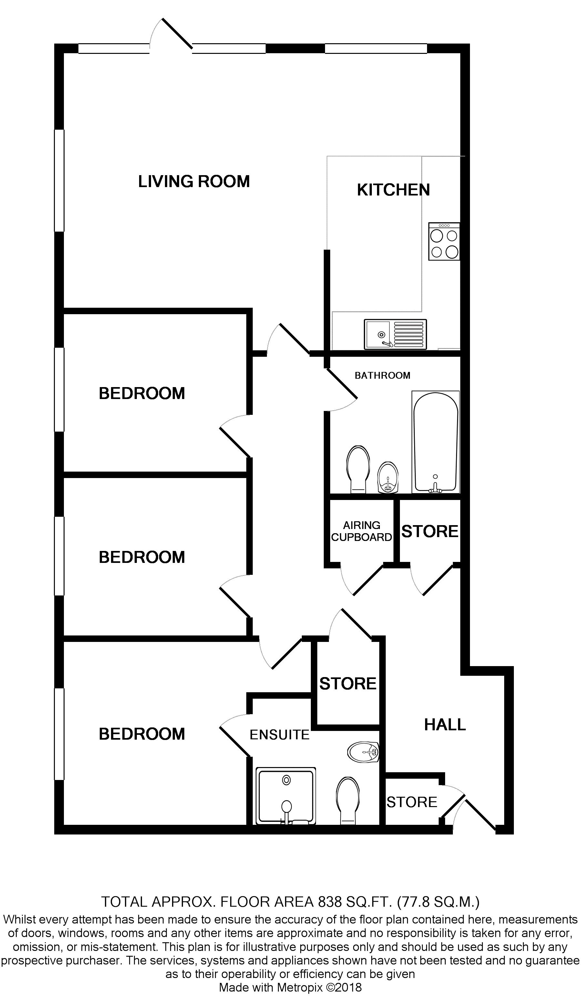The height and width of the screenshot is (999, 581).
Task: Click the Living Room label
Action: (x=194, y=182)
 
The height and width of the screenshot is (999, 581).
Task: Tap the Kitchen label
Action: (x=393, y=190)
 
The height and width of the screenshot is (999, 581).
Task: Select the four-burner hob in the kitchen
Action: (x=444, y=241)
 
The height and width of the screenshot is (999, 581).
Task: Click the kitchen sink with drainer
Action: (x=395, y=335)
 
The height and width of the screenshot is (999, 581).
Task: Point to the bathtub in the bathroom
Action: (x=435, y=442)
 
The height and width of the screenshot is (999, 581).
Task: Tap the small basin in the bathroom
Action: (x=387, y=477)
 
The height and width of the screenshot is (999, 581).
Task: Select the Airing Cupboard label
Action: (x=361, y=531)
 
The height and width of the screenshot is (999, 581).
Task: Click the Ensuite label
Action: (x=279, y=734)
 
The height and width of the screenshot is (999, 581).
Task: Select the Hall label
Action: (x=444, y=725)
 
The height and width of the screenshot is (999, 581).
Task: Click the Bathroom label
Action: (x=382, y=375)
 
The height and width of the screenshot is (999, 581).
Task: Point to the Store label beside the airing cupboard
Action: (x=430, y=531)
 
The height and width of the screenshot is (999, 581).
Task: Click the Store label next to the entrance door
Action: (x=412, y=802)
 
